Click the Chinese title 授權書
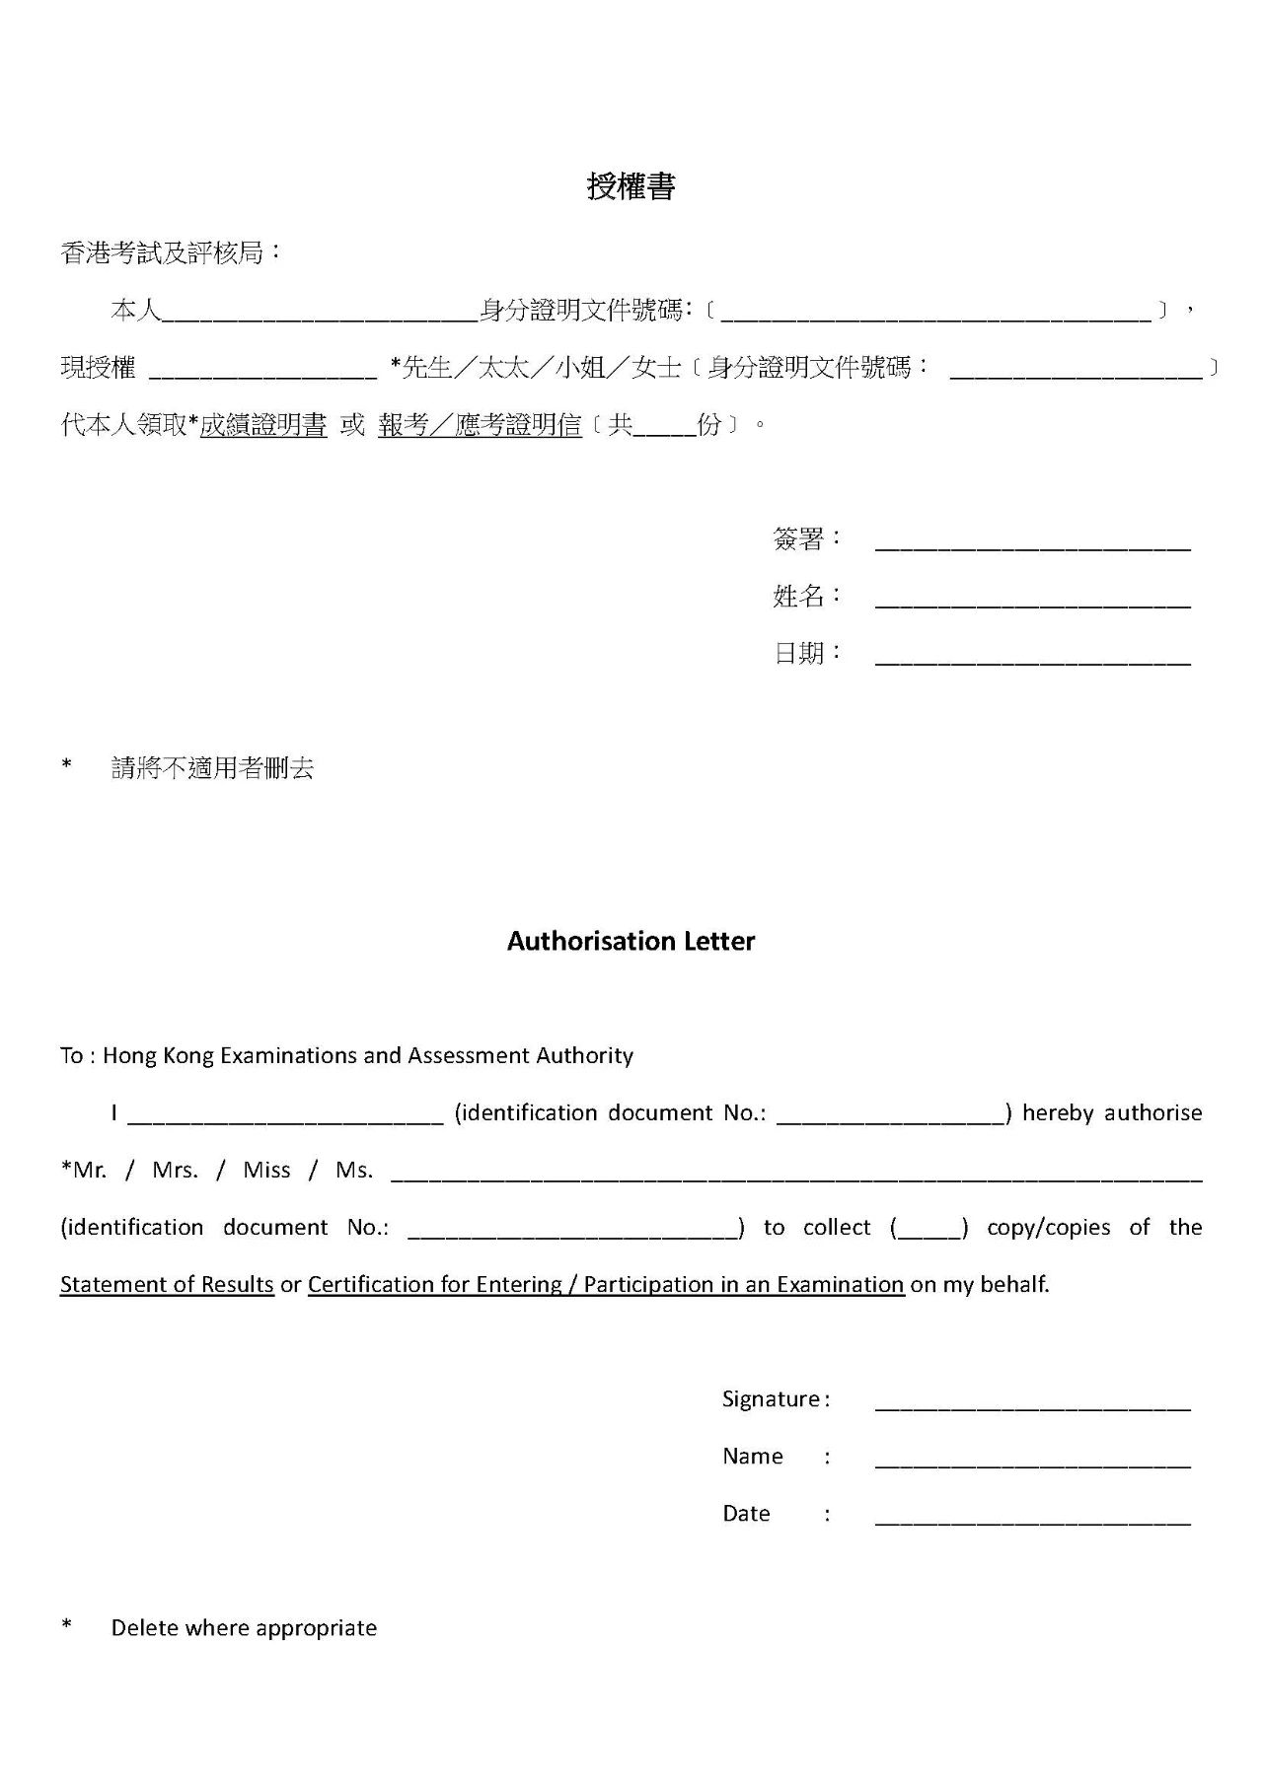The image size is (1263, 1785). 631,186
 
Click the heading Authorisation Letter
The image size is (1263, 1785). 631,941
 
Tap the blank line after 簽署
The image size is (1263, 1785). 1032,542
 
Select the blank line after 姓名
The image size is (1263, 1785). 1032,600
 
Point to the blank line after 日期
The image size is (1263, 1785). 1032,657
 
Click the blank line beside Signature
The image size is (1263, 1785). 1032,1403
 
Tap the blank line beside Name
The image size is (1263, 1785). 1032,1461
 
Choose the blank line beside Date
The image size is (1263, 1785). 1032,1518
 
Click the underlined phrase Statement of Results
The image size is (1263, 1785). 167,1284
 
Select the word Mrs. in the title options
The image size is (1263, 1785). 175,1171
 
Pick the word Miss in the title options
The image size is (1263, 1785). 266,1171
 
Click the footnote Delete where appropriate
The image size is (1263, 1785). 244,1627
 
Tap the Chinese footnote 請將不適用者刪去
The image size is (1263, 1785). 212,768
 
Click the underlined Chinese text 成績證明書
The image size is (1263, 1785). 263,425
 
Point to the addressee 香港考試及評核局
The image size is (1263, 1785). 163,253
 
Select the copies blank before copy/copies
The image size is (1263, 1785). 929,1230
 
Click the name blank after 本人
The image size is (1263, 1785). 320,314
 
